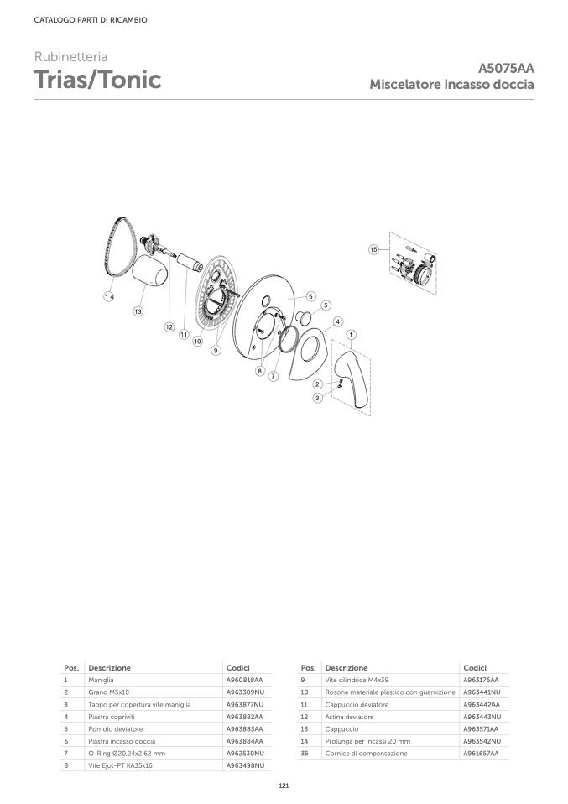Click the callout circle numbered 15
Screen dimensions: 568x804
pyautogui.click(x=373, y=249)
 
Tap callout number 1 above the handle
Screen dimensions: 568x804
pyautogui.click(x=352, y=335)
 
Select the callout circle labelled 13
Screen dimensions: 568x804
pyautogui.click(x=138, y=311)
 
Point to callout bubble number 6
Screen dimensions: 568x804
pyautogui.click(x=310, y=296)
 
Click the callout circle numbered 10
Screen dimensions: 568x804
pyautogui.click(x=197, y=341)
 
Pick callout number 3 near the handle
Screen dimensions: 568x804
pyautogui.click(x=317, y=398)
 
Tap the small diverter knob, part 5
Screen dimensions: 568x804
pyautogui.click(x=303, y=316)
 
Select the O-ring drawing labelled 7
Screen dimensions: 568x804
pyautogui.click(x=290, y=338)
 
